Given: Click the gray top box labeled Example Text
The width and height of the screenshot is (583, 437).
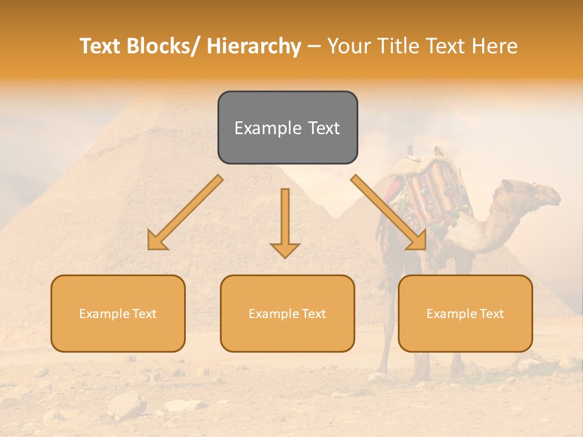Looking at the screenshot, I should click(x=287, y=127).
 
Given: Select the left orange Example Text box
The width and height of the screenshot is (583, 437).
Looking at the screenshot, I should click(x=118, y=313).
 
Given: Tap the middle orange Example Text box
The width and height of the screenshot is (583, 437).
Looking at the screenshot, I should click(x=287, y=313).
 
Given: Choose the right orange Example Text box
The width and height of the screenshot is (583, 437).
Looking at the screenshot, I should click(x=465, y=313).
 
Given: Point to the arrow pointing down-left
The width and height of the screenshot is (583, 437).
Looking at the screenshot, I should click(x=186, y=212).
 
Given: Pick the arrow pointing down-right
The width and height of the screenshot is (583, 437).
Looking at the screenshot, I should click(x=389, y=212).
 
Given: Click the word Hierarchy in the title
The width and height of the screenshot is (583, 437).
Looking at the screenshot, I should click(x=254, y=46).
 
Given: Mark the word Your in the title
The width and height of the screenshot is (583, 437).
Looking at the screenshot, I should click(x=349, y=46).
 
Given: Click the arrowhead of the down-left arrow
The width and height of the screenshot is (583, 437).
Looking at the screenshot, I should click(x=157, y=242).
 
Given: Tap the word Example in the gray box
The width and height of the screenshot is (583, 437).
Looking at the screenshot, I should click(x=259, y=128).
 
